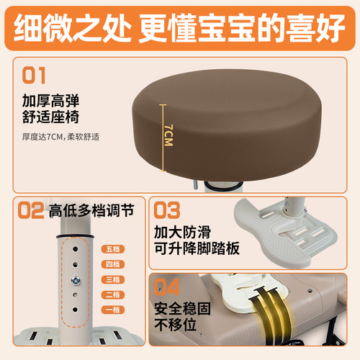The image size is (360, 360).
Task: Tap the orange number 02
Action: [x=30, y=211]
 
